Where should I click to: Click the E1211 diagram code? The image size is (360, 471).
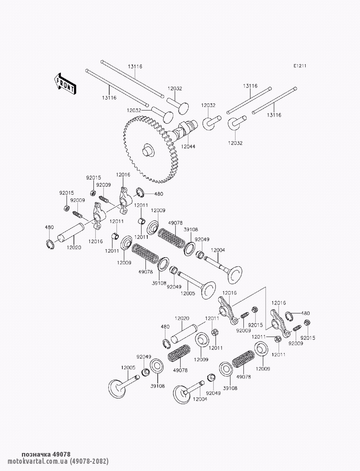300,66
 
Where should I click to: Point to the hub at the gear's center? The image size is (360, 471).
148,149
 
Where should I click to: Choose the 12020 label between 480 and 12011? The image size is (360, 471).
182,318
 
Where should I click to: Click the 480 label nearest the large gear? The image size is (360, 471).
158,194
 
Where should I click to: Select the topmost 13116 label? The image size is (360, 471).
135,66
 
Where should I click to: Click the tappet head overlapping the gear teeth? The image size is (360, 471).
167,117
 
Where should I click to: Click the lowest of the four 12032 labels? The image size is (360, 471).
235,143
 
